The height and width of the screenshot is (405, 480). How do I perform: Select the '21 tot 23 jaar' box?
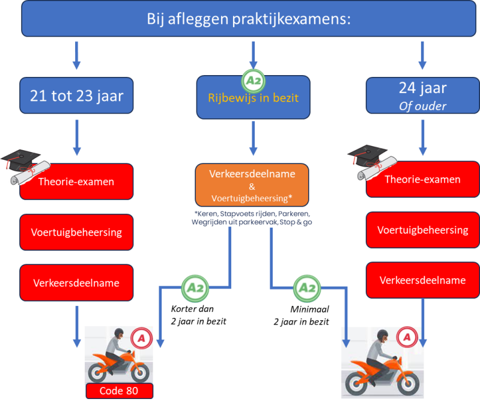[x=77, y=96]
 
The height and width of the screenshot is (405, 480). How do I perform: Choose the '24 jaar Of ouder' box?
[x=422, y=96]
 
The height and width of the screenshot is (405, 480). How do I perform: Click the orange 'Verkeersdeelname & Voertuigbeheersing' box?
[x=252, y=186]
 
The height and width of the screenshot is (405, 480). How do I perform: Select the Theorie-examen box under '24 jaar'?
[x=422, y=179]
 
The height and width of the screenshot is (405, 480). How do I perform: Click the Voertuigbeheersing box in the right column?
[x=422, y=230]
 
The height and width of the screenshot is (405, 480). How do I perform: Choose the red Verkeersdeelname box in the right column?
[x=422, y=280]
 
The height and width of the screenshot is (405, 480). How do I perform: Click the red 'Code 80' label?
[x=119, y=391]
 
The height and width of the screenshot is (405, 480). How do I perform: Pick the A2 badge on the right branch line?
[x=307, y=288]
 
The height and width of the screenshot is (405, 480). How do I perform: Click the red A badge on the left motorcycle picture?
[x=141, y=339]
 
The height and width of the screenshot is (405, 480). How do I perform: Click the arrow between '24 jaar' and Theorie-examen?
[x=423, y=138]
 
